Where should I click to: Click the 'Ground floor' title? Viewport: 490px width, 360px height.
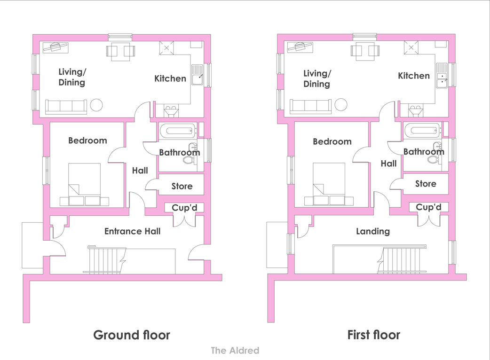tap(132, 335)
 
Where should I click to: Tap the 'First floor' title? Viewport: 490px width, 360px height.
tap(374, 335)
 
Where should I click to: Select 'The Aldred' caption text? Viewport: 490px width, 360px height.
tap(235, 350)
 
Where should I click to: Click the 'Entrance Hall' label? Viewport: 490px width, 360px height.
tap(133, 231)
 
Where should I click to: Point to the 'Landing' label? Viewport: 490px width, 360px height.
tap(373, 231)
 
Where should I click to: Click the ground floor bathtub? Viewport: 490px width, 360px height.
tap(178, 130)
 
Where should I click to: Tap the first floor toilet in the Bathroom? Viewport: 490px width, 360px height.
tap(433, 160)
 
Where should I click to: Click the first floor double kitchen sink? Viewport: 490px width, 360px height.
tap(442, 76)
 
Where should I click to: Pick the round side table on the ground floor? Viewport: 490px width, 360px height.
tap(96, 105)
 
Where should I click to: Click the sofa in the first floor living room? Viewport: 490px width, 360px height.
tap(310, 106)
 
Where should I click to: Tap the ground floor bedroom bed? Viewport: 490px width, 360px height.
tap(84, 184)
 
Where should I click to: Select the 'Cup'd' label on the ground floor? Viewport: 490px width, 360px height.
tap(184, 208)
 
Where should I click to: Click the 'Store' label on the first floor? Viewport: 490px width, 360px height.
tap(426, 184)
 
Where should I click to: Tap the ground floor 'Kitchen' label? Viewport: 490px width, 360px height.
tap(170, 78)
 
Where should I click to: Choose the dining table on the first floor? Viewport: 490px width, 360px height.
tap(365, 51)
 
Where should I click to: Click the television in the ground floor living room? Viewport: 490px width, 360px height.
tap(55, 47)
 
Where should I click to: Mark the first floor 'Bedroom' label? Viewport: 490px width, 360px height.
tap(332, 142)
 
